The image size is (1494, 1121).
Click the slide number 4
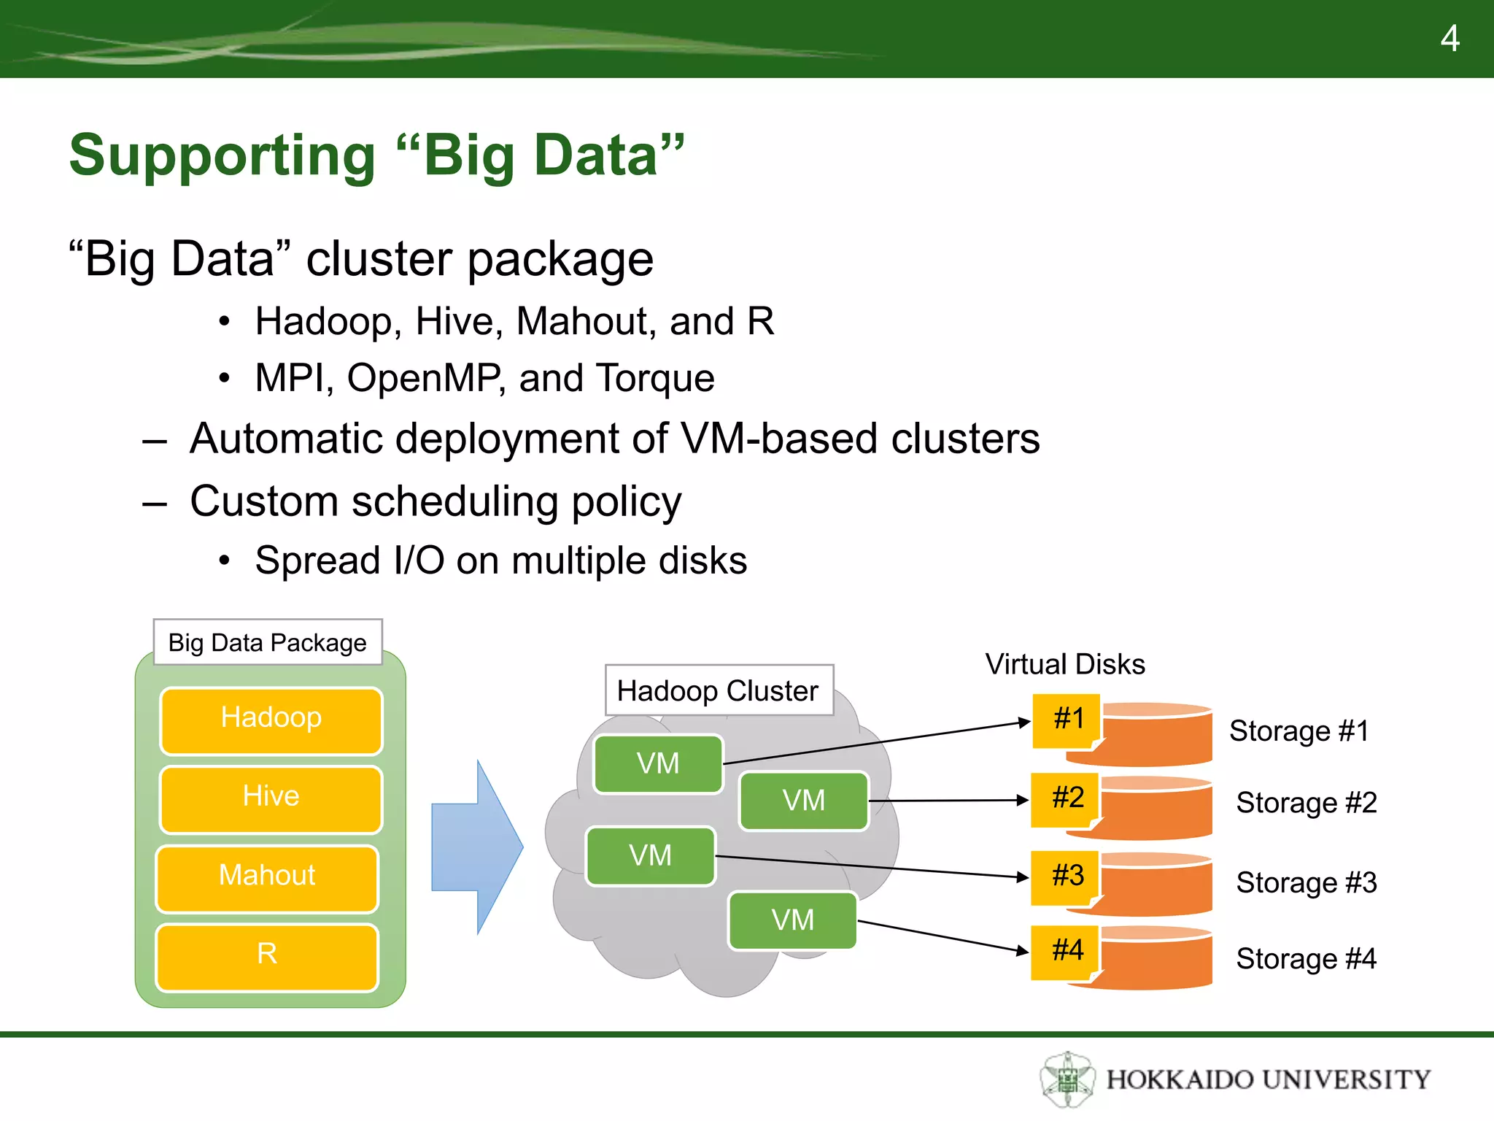tap(1450, 39)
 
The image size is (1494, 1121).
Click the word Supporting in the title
tap(222, 155)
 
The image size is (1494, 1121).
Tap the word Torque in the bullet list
tap(654, 378)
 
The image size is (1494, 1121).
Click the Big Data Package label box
tap(268, 642)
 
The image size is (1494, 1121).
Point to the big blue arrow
tap(478, 847)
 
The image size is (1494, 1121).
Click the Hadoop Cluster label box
tap(719, 690)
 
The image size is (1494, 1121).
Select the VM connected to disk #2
tap(804, 801)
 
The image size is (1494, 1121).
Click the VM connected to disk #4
tap(792, 920)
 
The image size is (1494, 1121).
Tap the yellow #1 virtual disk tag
tap(1068, 720)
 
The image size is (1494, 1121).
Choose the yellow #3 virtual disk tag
tap(1067, 877)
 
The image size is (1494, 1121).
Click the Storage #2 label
tap(1307, 803)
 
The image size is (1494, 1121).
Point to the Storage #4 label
tap(1307, 959)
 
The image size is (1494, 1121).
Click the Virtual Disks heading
tap(1065, 664)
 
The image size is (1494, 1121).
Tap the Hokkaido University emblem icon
tap(1067, 1079)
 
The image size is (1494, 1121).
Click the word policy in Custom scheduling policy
tap(627, 502)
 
